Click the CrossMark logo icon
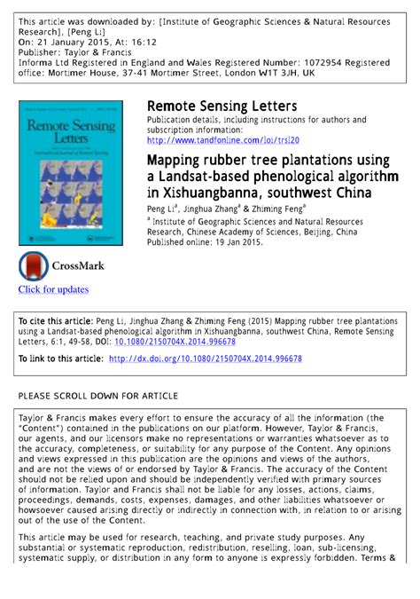[x=35, y=266]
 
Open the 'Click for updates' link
[x=53, y=289]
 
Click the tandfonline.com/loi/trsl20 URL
[x=223, y=139]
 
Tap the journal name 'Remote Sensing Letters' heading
[x=222, y=106]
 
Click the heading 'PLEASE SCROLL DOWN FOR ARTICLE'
[x=98, y=396]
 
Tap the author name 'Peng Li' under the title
[x=161, y=208]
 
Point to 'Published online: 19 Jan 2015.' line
[x=206, y=241]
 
